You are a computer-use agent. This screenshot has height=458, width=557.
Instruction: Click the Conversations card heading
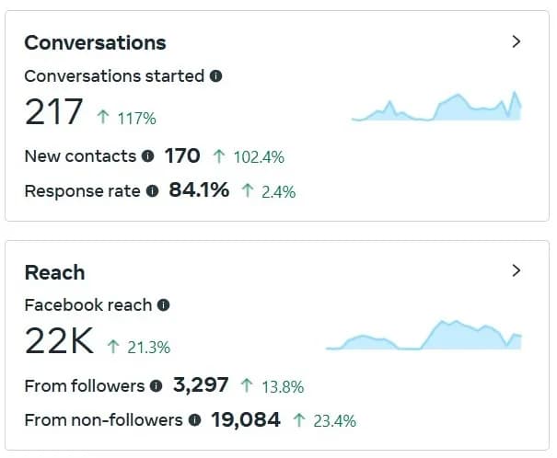pyautogui.click(x=95, y=42)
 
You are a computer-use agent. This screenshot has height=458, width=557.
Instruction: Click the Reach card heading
pyautogui.click(x=54, y=272)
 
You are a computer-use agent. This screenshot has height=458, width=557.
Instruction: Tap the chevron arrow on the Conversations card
pyautogui.click(x=516, y=41)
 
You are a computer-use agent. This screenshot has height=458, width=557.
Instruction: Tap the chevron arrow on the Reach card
pyautogui.click(x=516, y=270)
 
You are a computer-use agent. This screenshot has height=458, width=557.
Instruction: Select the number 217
pyautogui.click(x=53, y=112)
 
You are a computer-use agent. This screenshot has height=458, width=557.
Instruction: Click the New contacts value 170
pyautogui.click(x=182, y=156)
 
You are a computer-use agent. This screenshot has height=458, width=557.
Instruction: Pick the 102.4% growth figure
pyautogui.click(x=258, y=157)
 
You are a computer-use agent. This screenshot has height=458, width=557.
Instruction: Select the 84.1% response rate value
pyautogui.click(x=199, y=191)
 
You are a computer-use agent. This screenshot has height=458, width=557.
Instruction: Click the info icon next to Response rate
pyautogui.click(x=153, y=191)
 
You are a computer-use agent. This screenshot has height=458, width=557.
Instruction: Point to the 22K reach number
pyautogui.click(x=59, y=342)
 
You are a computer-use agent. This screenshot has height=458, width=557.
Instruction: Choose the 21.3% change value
pyautogui.click(x=147, y=348)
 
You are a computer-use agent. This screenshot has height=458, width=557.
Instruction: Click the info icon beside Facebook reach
pyautogui.click(x=163, y=304)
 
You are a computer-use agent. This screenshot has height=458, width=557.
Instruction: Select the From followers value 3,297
pyautogui.click(x=201, y=385)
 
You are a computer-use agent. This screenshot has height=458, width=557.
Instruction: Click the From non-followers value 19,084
pyautogui.click(x=246, y=420)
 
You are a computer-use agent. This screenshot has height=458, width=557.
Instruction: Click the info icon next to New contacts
pyautogui.click(x=147, y=156)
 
